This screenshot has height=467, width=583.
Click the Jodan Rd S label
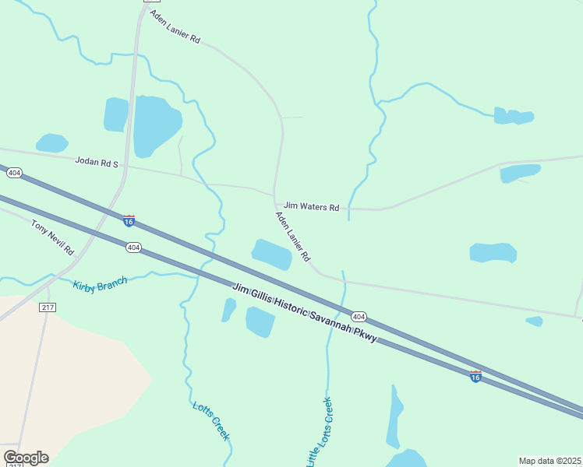point(96,163)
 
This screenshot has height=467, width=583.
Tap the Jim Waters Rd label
point(311,207)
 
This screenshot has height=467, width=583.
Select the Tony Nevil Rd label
point(52,237)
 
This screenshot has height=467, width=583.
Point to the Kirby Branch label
point(100,284)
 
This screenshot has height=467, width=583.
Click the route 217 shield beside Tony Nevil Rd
point(48,307)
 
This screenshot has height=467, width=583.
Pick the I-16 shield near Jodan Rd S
point(129,221)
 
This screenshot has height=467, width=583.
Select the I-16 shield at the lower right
point(475,377)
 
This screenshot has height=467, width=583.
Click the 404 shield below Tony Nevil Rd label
point(133,248)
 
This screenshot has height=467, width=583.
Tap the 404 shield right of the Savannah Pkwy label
point(358,317)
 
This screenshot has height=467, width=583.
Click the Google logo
point(26,458)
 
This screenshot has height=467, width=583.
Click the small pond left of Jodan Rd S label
point(51,143)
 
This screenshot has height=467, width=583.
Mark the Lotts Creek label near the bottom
point(210,420)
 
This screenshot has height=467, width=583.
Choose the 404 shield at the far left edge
point(14,172)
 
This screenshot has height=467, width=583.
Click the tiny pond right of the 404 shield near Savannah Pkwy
point(534,321)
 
